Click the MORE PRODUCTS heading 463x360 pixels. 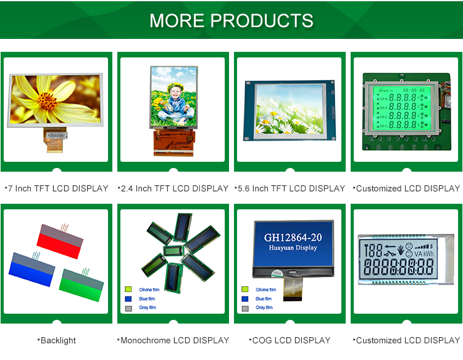coord(231,20)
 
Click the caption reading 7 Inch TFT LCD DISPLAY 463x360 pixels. coord(58,188)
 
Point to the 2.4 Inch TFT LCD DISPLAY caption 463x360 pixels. coord(175,188)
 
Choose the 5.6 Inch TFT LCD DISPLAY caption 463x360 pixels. coord(291,188)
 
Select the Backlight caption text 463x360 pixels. coord(58,340)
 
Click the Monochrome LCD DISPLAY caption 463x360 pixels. coord(175,340)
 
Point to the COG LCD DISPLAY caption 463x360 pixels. coord(291,340)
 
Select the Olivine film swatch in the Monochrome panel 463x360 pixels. coord(128,289)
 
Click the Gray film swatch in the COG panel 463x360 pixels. coord(245,308)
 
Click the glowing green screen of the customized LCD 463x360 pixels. coord(406,109)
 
